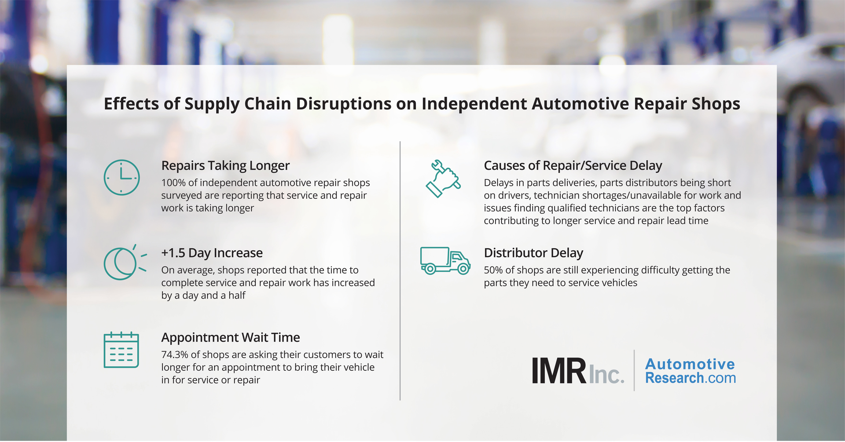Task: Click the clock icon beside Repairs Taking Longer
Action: [121, 177]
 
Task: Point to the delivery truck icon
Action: [445, 260]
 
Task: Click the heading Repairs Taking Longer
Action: [225, 166]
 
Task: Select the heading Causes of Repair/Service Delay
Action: [573, 166]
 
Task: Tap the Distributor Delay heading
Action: [533, 253]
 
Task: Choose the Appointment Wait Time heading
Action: [231, 338]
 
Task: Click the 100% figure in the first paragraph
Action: [173, 183]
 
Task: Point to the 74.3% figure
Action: [174, 355]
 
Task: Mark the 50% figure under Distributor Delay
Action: [494, 270]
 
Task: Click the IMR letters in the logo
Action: [558, 371]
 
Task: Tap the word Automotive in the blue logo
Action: [690, 364]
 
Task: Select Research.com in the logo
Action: [690, 378]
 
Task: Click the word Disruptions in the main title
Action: [343, 104]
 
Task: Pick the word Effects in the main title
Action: [131, 104]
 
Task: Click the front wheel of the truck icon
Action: [463, 268]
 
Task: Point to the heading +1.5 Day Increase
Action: [212, 253]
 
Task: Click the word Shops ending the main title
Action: [716, 104]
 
